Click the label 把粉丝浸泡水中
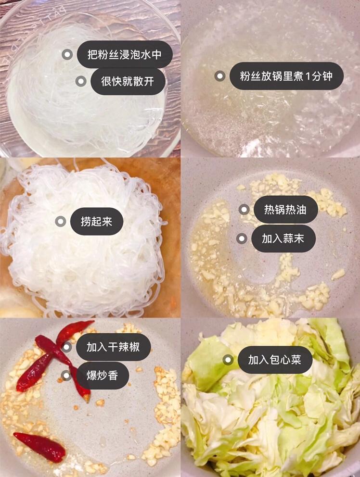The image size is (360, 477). pyautogui.click(x=125, y=54)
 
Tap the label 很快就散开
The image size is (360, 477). pyautogui.click(x=128, y=81)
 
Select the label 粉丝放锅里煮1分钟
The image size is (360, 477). pyautogui.click(x=286, y=76)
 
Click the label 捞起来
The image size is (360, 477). pyautogui.click(x=97, y=222)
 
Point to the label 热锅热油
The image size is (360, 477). pyautogui.click(x=285, y=210)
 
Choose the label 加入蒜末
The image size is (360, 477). pyautogui.click(x=283, y=239)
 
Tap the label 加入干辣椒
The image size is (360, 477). pyautogui.click(x=113, y=347)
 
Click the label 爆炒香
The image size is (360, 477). pyautogui.click(x=103, y=376)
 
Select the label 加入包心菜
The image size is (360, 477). pyautogui.click(x=275, y=360)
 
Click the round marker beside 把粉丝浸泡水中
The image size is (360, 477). pyautogui.click(x=67, y=55)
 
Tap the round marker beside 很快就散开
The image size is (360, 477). pyautogui.click(x=81, y=81)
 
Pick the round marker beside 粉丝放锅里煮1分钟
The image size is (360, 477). pyautogui.click(x=220, y=76)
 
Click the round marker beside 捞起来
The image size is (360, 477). pyautogui.click(x=61, y=222)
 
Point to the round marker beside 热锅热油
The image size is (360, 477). pyautogui.click(x=244, y=210)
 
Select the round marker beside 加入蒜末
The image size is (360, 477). pyautogui.click(x=242, y=239)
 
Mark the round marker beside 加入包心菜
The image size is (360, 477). pyautogui.click(x=228, y=360)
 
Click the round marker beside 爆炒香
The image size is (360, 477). pyautogui.click(x=66, y=376)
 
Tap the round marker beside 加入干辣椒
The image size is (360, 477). pyautogui.click(x=66, y=347)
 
